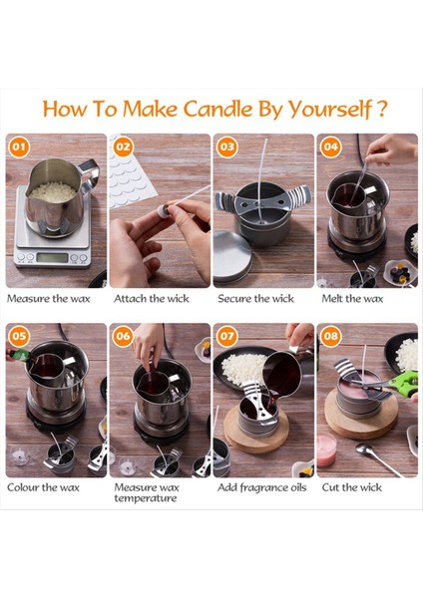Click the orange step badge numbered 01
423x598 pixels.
pos(19,147)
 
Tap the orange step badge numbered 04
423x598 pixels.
pos(330,147)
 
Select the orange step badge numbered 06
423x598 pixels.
pos(123,336)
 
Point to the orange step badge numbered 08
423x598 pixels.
pos(330,336)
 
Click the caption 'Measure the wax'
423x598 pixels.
pos(49,298)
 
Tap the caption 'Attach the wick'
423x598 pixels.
pos(152,298)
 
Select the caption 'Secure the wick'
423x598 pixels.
pos(255,298)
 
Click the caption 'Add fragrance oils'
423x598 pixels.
pos(262,487)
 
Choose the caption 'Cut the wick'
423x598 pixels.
pos(351,487)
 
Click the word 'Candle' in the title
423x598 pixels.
pos(217,109)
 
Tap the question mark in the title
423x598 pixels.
pos(381,109)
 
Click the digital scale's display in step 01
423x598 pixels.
pos(52,258)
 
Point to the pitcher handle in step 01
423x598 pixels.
pos(90,175)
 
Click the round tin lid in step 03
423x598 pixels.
pos(232,257)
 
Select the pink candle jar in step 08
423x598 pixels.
pos(327,450)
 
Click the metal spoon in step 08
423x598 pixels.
pos(379,459)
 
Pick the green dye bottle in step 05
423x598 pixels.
pos(18,355)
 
